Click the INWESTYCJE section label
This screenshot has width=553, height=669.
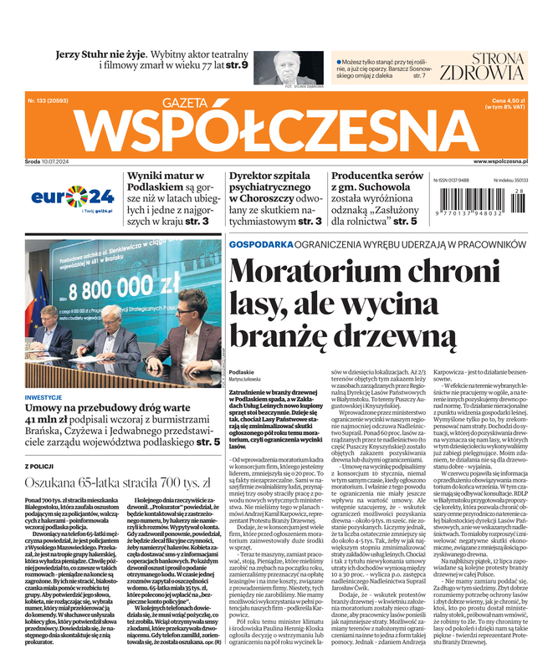(49, 397)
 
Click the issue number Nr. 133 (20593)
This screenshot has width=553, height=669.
(50, 100)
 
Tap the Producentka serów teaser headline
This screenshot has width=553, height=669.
(376, 176)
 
